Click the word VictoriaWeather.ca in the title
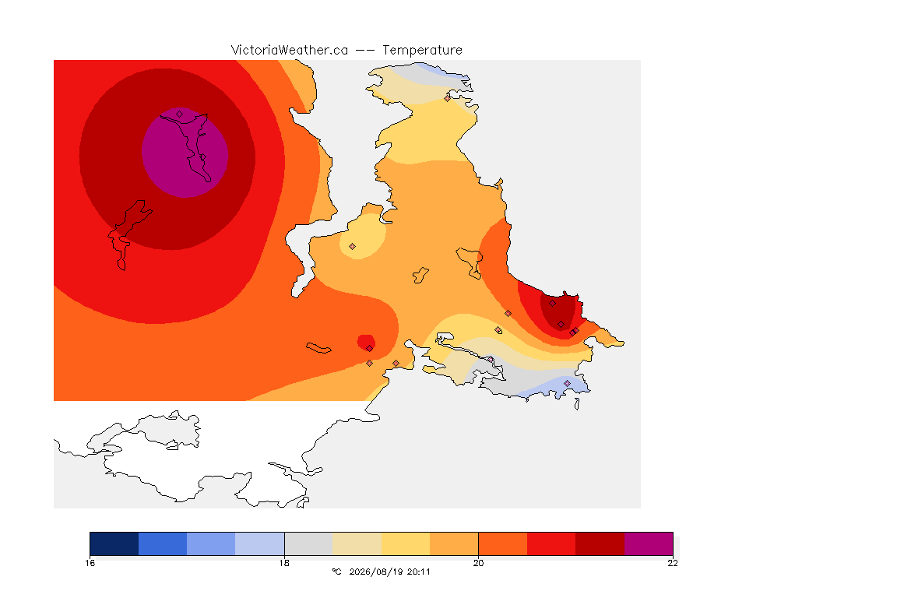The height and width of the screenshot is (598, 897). pyautogui.click(x=290, y=51)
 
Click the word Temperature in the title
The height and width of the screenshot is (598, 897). pyautogui.click(x=422, y=51)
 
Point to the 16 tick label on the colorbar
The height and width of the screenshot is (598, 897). pyautogui.click(x=90, y=563)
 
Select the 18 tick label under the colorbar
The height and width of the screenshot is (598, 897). pyautogui.click(x=284, y=563)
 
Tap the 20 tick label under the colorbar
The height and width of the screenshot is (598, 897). pyautogui.click(x=478, y=563)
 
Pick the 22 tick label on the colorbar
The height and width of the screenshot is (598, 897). pyautogui.click(x=673, y=563)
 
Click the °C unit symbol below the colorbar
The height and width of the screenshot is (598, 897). pyautogui.click(x=337, y=572)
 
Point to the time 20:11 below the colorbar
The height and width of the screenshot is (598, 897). pyautogui.click(x=419, y=572)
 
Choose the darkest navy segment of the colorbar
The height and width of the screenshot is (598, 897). pyautogui.click(x=114, y=543)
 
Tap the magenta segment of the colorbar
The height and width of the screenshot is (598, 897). pyautogui.click(x=648, y=543)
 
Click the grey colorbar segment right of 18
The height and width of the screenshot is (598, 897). pyautogui.click(x=308, y=543)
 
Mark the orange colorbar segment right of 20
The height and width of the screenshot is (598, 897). pyautogui.click(x=502, y=543)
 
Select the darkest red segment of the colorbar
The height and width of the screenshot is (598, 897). pyautogui.click(x=600, y=543)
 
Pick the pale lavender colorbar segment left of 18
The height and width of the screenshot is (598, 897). pyautogui.click(x=260, y=543)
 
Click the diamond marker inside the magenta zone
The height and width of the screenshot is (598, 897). pyautogui.click(x=180, y=114)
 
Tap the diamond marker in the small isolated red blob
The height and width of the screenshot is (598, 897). pyautogui.click(x=370, y=349)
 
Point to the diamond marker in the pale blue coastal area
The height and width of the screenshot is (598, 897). pyautogui.click(x=567, y=383)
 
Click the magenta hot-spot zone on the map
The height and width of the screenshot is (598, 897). pyautogui.click(x=185, y=153)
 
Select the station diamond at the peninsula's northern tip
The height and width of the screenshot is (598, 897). pyautogui.click(x=448, y=98)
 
